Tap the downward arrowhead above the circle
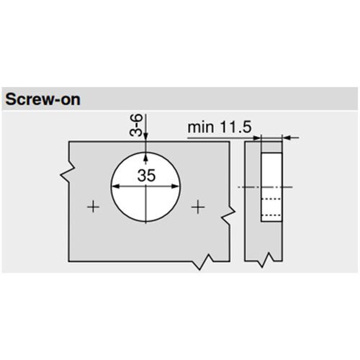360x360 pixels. (x=145, y=142)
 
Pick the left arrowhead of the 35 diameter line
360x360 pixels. (x=116, y=186)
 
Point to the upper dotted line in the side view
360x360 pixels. (x=269, y=198)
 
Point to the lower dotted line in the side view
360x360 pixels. (x=269, y=215)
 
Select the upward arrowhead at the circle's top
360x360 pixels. (x=145, y=155)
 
